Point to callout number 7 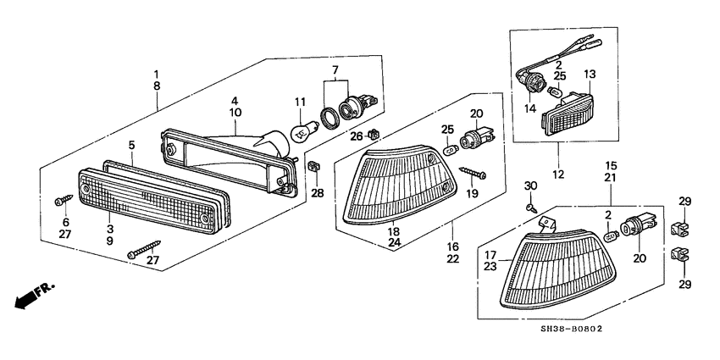click(x=335, y=68)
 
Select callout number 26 click(x=357, y=136)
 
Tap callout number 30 click(x=529, y=186)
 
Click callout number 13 click(x=590, y=74)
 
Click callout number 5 click(x=131, y=145)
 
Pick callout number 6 click(x=64, y=221)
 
